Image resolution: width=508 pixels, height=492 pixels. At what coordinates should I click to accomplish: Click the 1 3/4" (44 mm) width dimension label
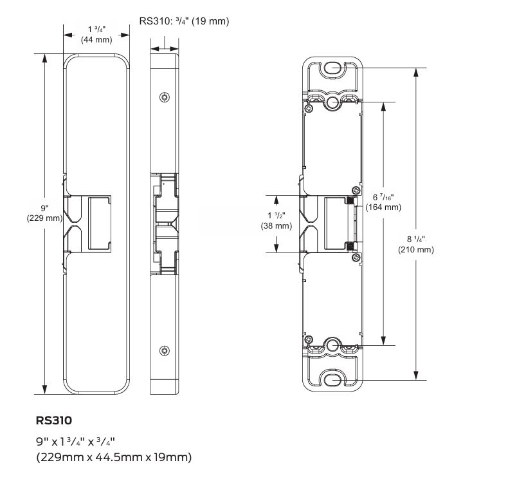coord(96,35)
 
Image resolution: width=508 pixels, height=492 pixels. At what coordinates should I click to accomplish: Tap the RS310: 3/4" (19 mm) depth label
coord(184,21)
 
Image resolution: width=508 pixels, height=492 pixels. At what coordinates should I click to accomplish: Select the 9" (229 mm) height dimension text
coord(44,213)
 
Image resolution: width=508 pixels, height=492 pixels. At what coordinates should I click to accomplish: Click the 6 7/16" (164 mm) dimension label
coord(383,202)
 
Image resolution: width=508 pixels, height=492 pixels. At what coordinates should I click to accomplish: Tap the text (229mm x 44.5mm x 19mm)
coord(114,457)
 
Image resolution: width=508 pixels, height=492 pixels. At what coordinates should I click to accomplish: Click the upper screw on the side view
coord(165,97)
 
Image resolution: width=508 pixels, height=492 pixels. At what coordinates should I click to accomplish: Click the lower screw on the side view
coord(165,351)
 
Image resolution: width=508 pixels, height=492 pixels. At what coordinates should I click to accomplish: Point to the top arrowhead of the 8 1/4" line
coord(416,71)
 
